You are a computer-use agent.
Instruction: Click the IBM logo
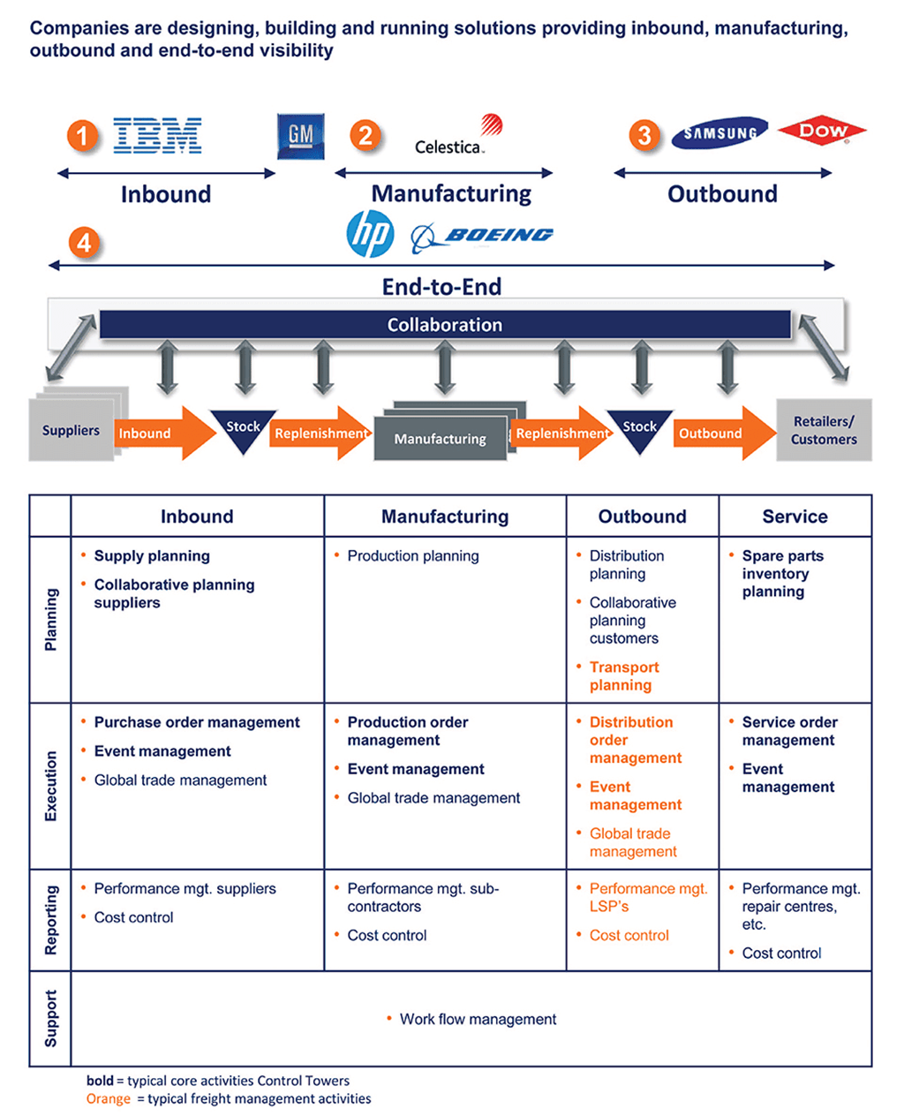coord(157,136)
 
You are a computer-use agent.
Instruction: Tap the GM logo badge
coord(300,136)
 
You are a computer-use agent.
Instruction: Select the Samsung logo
coord(719,133)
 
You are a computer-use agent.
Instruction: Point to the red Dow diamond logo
coord(822,131)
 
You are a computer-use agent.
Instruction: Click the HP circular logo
coord(370,234)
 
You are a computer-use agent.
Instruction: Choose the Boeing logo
coord(483,236)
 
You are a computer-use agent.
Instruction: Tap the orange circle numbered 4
coord(84,242)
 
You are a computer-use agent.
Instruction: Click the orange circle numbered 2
coord(365,135)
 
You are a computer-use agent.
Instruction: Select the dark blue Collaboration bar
coord(445,325)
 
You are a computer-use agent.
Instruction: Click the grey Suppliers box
coord(71,430)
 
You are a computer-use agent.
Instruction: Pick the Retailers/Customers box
coord(824,430)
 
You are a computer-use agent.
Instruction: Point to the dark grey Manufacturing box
coord(440,438)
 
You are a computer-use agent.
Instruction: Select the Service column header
coord(795,517)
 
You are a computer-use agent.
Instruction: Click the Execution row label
coord(50,786)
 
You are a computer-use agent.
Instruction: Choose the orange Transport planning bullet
coord(624,676)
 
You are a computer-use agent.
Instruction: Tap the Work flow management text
coord(478,1019)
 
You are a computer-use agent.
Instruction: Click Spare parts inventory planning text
coord(782,574)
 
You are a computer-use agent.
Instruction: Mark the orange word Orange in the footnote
coord(108,1099)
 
